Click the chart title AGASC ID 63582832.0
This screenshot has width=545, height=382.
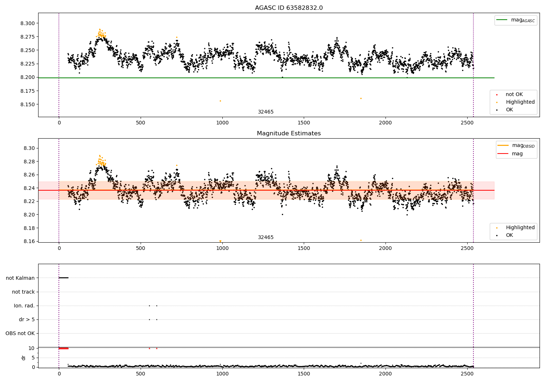coord(289,8)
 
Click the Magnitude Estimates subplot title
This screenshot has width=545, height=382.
coord(289,133)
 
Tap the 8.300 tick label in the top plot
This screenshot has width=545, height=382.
coord(28,23)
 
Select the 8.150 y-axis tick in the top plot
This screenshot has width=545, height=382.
coord(28,104)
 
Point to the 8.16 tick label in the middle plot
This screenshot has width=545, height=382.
coord(29,242)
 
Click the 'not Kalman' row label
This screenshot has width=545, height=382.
coord(20,278)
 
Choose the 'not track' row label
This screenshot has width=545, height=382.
coord(23,292)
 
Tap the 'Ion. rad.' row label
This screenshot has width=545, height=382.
coord(24,306)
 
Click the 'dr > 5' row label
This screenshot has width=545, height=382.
coord(27,320)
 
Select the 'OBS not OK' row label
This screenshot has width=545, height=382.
coord(20,333)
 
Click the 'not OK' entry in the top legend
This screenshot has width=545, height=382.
coord(514,94)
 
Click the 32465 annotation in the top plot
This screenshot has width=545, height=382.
coord(266,112)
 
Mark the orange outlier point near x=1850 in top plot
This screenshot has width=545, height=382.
coord(361,99)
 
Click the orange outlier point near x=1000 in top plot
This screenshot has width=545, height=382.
coord(221,101)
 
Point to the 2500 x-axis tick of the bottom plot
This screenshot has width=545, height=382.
coord(467,374)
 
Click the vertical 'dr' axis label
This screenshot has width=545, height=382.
coord(23,358)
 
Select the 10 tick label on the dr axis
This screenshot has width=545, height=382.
coord(31,349)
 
